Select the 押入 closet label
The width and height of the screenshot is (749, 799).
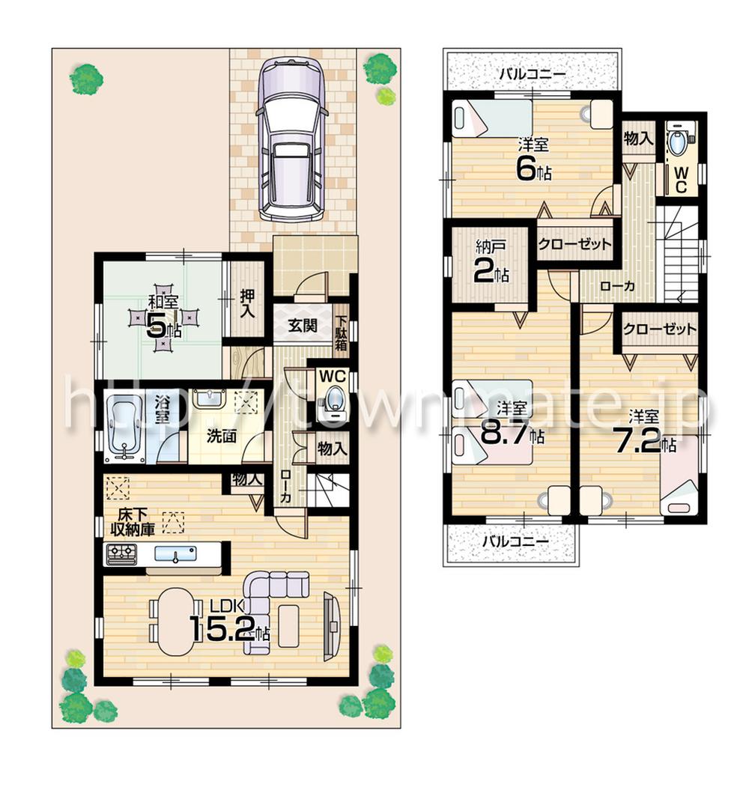coord(246,302)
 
